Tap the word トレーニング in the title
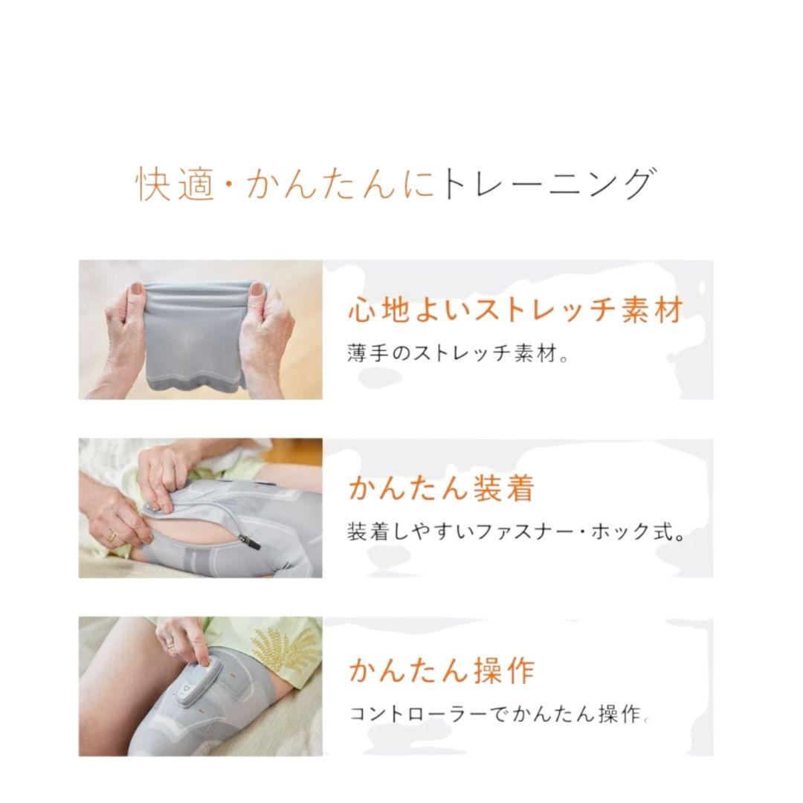coord(548,184)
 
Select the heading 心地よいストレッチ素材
coord(515,310)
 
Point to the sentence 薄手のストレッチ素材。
coord(458,352)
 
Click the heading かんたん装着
coord(442,489)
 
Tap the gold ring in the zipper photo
coord(112,535)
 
